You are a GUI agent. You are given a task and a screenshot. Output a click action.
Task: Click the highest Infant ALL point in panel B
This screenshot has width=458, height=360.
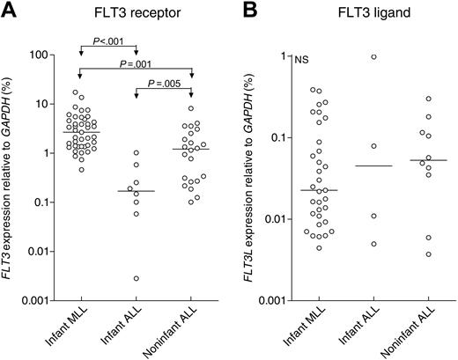(x=349, y=56)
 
